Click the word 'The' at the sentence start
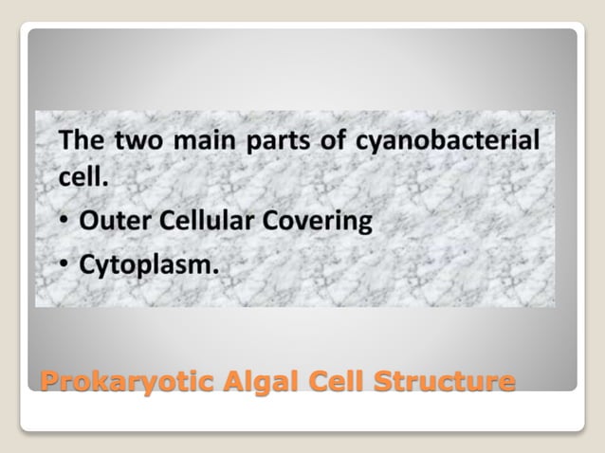82,142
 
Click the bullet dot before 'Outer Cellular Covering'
65,223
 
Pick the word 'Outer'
112,221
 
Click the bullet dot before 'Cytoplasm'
65,267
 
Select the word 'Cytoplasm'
145,267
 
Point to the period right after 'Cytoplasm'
215,273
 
